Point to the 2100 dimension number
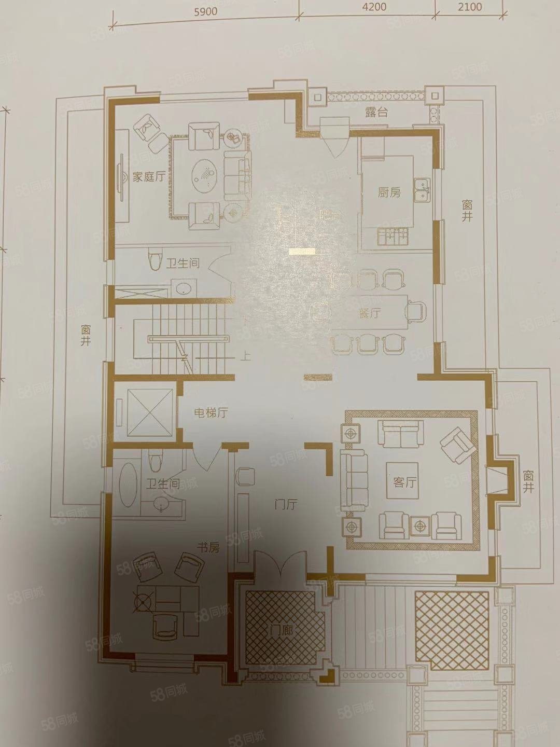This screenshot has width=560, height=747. [470, 7]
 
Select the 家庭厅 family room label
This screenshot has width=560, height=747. [148, 177]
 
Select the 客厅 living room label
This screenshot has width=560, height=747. [405, 482]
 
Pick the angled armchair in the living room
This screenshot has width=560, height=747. [455, 444]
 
